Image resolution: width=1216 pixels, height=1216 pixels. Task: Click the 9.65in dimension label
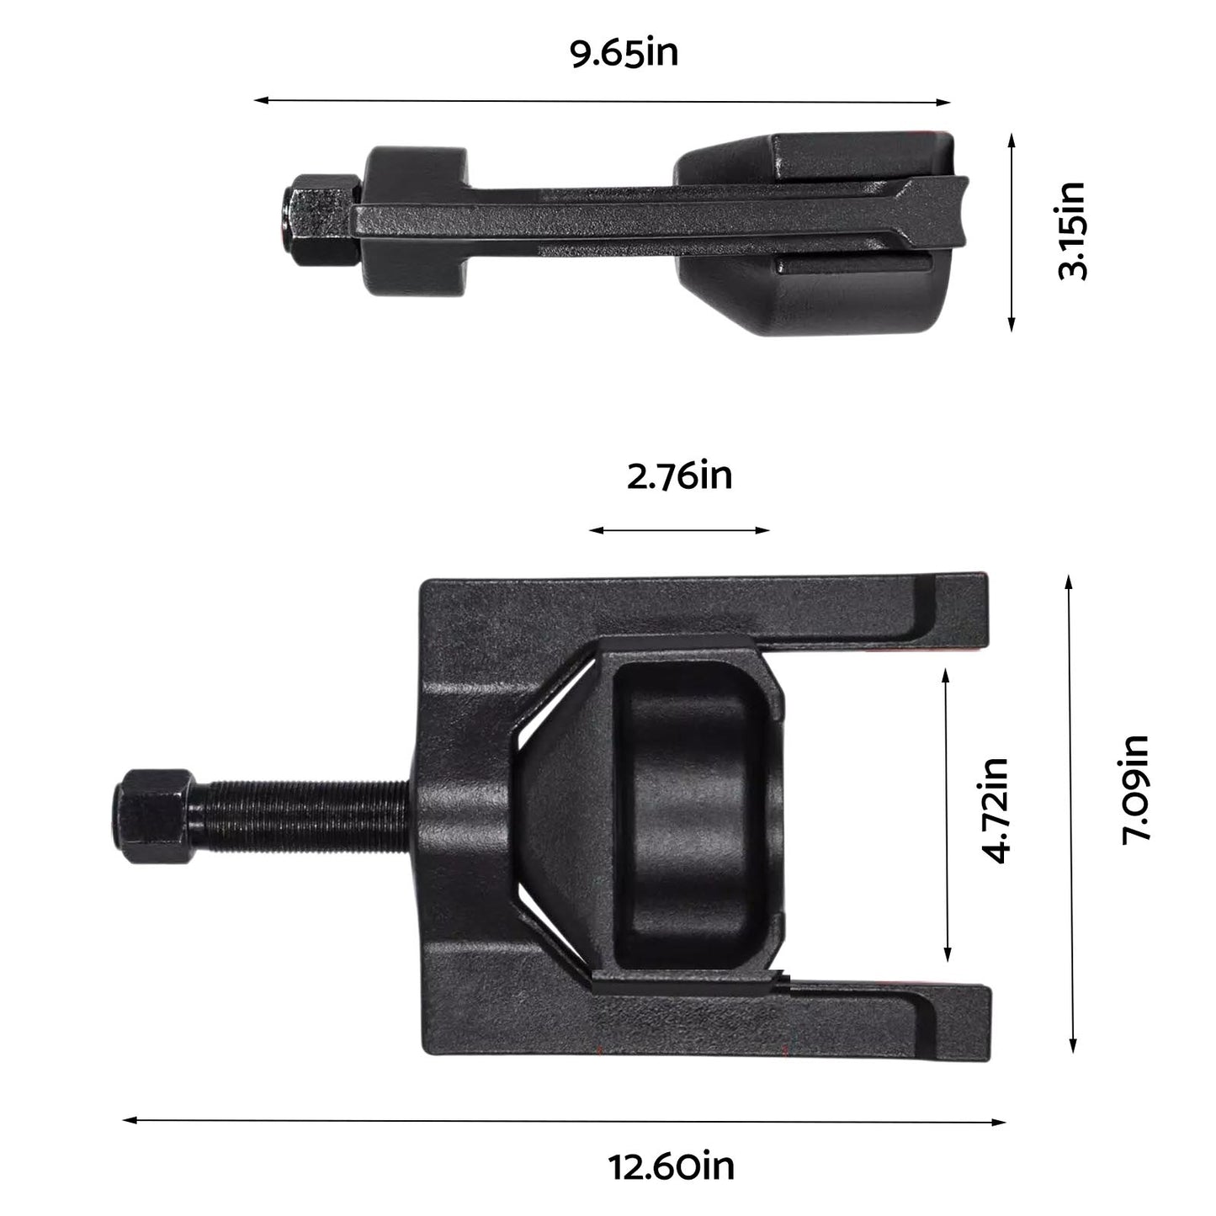pyautogui.click(x=624, y=54)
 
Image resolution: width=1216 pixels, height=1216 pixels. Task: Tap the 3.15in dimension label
pyautogui.click(x=1071, y=231)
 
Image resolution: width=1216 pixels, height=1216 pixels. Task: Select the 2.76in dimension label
pyautogui.click(x=679, y=476)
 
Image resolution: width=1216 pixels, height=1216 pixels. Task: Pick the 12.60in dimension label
pyautogui.click(x=672, y=1166)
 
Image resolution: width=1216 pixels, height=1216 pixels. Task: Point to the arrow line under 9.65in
pyautogui.click(x=602, y=101)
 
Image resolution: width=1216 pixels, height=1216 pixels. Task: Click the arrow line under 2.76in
pyautogui.click(x=679, y=530)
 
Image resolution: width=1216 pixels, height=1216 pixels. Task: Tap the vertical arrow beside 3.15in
pyautogui.click(x=1012, y=231)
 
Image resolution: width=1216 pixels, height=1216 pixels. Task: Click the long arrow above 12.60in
pyautogui.click(x=564, y=1120)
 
